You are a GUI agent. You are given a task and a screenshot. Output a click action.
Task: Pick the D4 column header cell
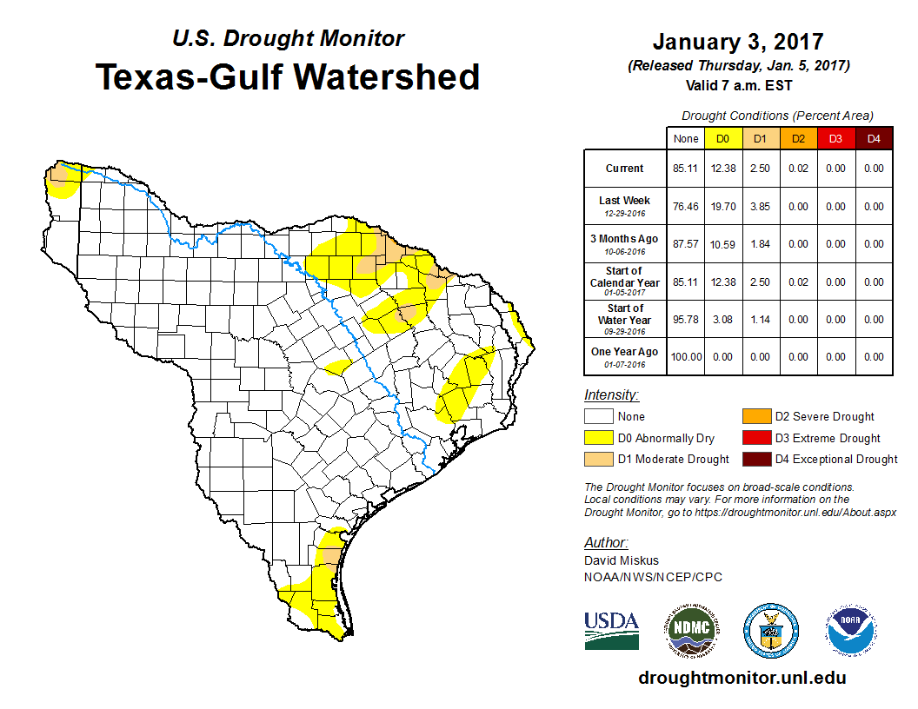873,138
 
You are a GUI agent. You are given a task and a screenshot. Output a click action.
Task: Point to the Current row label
625,169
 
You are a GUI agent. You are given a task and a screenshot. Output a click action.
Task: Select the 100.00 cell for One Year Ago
685,357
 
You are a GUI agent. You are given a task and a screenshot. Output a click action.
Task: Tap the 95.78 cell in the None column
685,320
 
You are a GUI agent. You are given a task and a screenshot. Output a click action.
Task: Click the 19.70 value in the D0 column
722,207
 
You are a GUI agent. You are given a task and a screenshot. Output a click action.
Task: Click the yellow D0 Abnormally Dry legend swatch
597,438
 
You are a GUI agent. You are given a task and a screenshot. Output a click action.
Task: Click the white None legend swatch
597,417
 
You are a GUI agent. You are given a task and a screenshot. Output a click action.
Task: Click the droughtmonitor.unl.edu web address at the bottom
742,678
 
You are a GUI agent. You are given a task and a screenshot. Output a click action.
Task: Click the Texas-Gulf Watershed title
288,76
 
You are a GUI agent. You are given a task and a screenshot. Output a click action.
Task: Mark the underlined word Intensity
611,395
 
